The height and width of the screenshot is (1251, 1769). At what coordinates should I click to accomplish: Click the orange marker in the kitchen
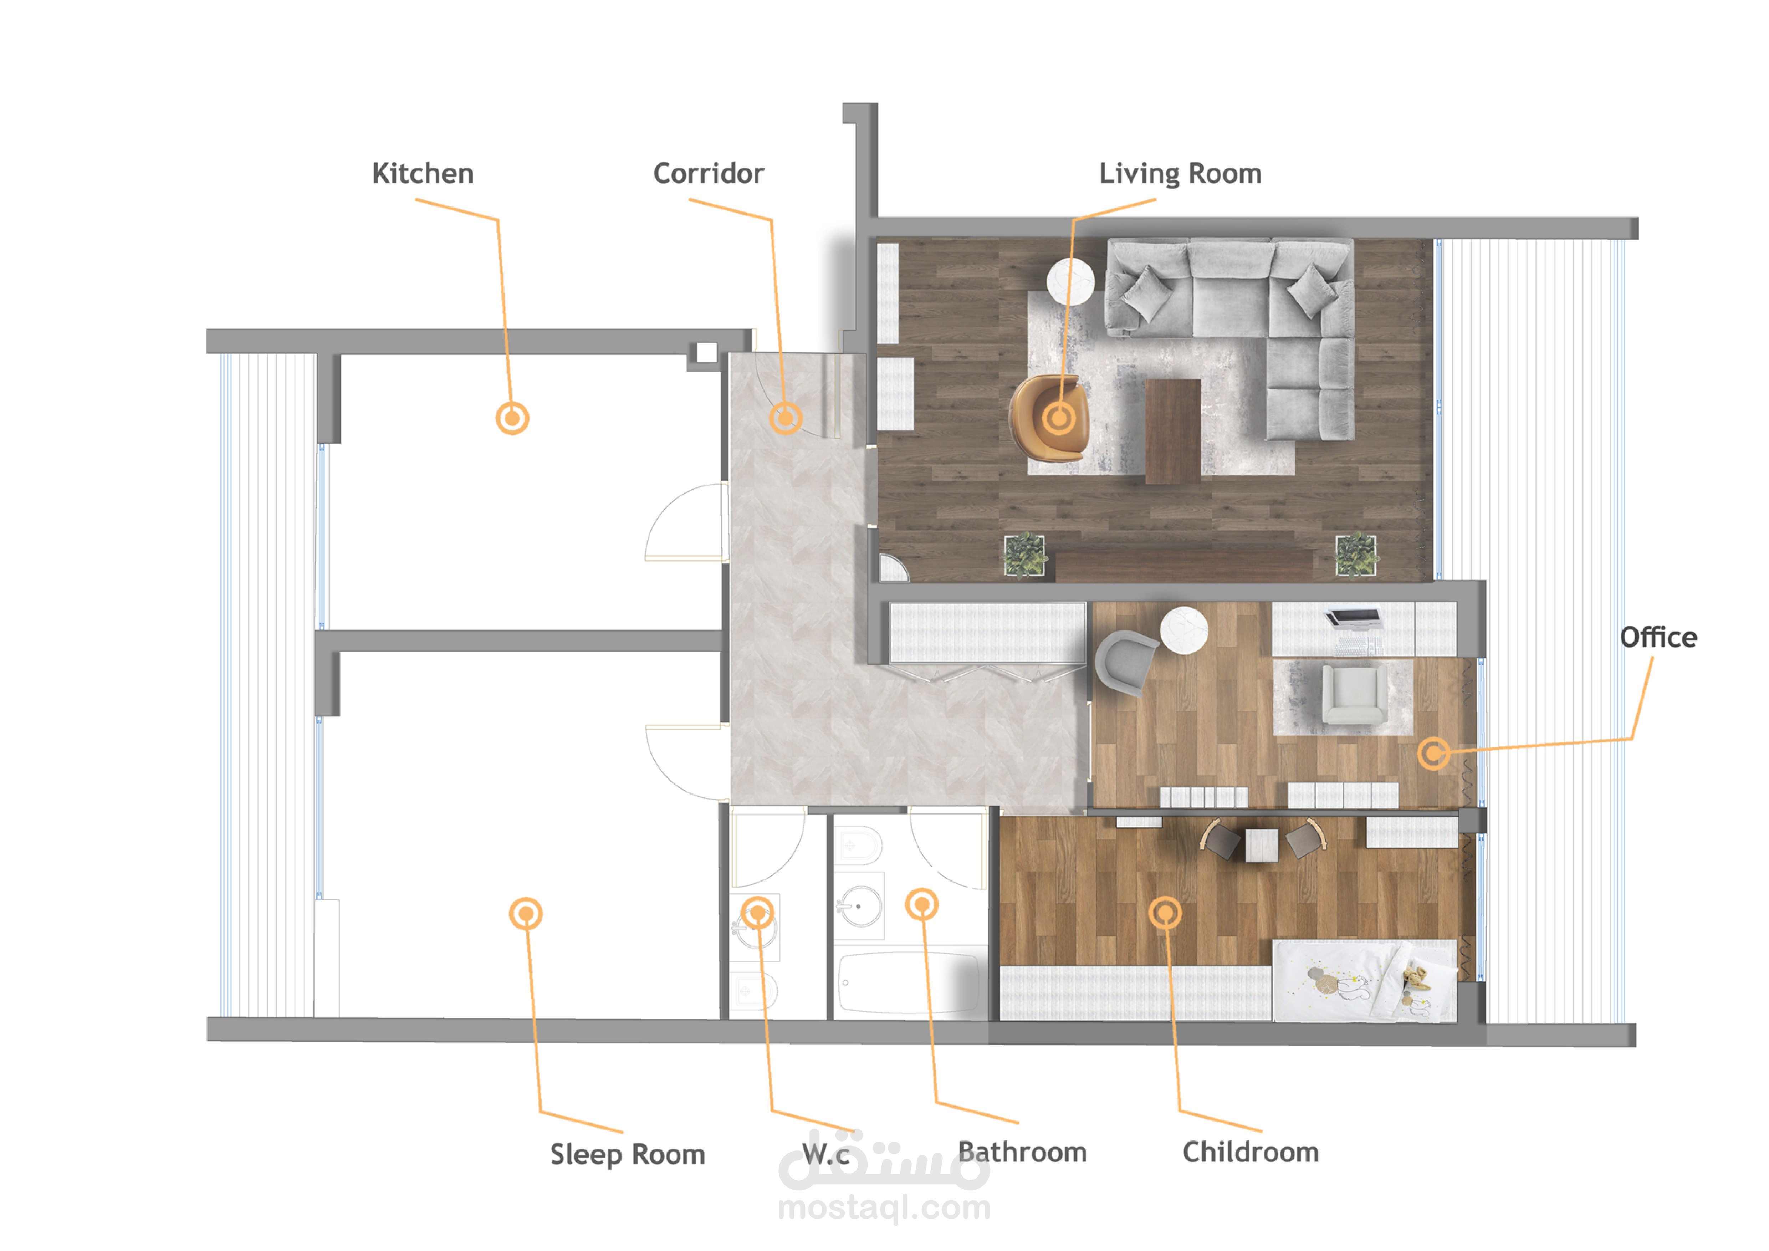[x=512, y=418]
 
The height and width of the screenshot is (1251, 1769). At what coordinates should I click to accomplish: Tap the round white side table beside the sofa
[x=1071, y=282]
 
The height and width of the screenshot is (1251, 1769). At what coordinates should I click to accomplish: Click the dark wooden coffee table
[x=1173, y=430]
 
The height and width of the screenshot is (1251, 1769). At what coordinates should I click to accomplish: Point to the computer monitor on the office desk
[x=1352, y=617]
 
